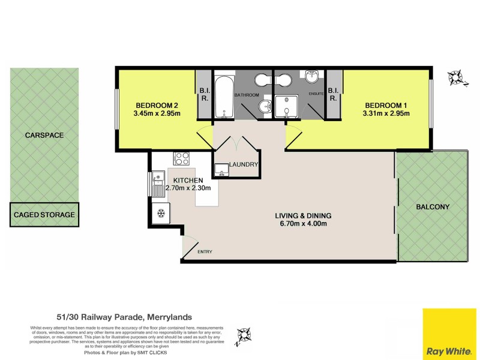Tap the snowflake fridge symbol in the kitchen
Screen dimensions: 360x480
pos(160,213)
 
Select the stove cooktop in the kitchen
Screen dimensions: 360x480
pos(181,159)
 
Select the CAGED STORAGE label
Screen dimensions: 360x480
pos(44,214)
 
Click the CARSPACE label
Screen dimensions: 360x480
pos(44,136)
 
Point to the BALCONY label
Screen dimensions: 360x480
pos(432,207)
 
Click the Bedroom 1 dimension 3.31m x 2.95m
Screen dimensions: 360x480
pos(386,113)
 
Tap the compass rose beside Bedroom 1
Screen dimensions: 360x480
pos(455,77)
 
